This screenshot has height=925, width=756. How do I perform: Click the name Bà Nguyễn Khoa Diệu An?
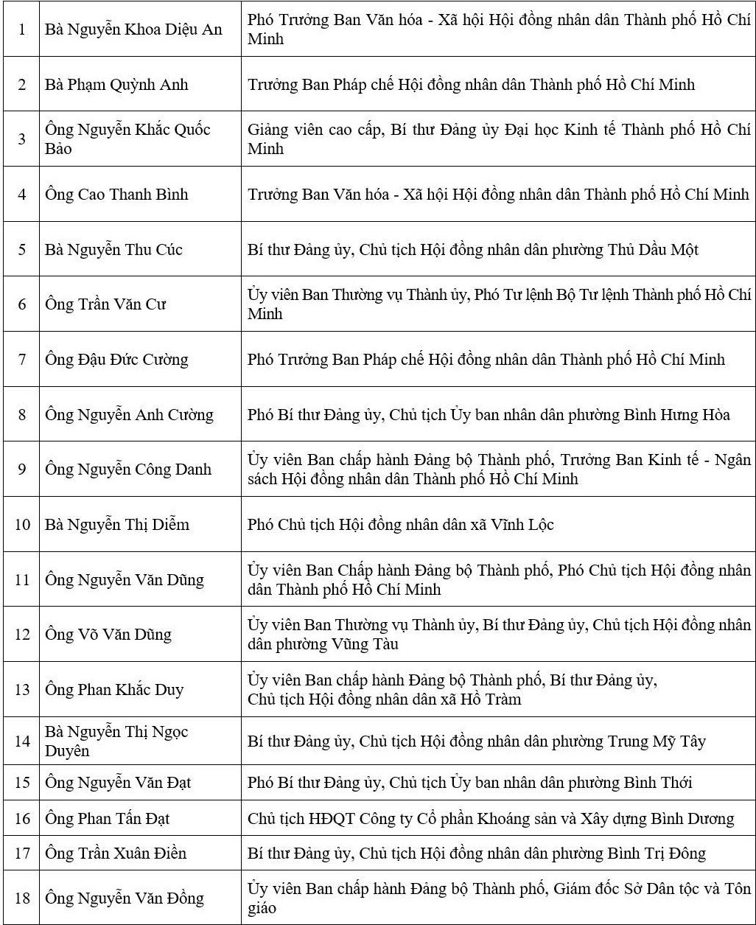133,29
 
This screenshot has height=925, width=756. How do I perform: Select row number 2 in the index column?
22,85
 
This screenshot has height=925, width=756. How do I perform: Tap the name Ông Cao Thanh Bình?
116,195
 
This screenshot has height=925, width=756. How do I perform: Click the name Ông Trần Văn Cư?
105,304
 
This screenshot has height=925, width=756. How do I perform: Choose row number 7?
22,360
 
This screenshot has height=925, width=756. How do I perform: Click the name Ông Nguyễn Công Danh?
128,470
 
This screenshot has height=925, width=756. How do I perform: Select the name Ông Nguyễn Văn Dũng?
125,579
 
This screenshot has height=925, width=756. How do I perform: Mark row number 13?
22,690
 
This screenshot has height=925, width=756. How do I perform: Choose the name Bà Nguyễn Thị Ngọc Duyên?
116,741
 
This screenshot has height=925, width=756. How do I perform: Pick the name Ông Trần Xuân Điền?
116,854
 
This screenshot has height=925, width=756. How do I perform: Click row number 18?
22,898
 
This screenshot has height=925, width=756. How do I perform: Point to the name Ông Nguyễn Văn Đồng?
125,898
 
